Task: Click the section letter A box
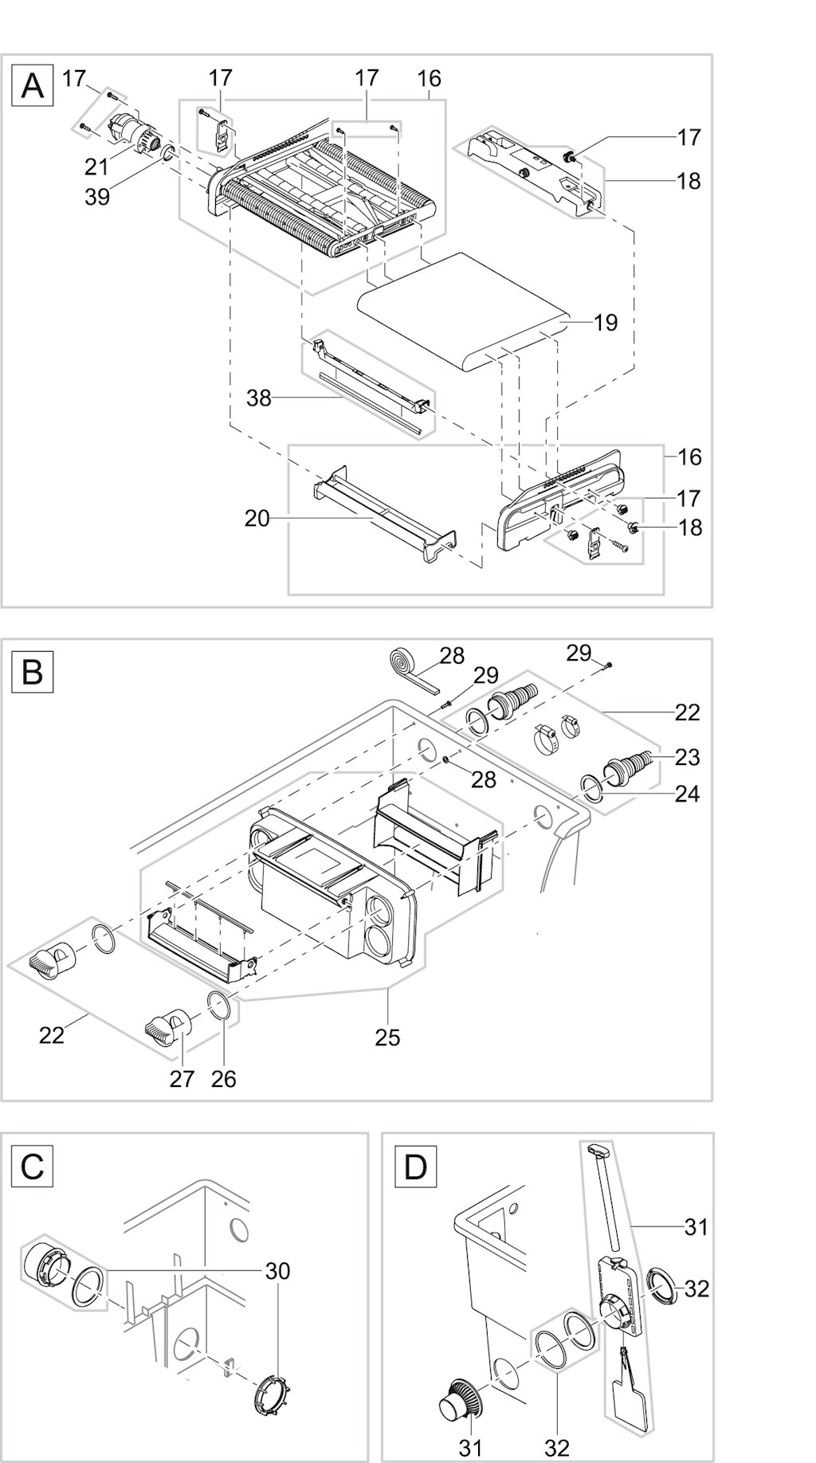click(x=32, y=84)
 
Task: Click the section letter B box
click(x=32, y=672)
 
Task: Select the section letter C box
click(x=32, y=1167)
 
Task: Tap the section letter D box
click(x=416, y=1167)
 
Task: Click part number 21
click(x=97, y=167)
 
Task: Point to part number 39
click(x=97, y=196)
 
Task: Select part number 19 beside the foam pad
click(x=606, y=322)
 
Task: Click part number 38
click(x=259, y=398)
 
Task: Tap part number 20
click(x=257, y=519)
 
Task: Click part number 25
click(x=387, y=1037)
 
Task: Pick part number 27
click(x=182, y=1078)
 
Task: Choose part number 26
click(x=223, y=1078)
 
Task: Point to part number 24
click(x=687, y=794)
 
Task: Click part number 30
click(x=277, y=1270)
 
